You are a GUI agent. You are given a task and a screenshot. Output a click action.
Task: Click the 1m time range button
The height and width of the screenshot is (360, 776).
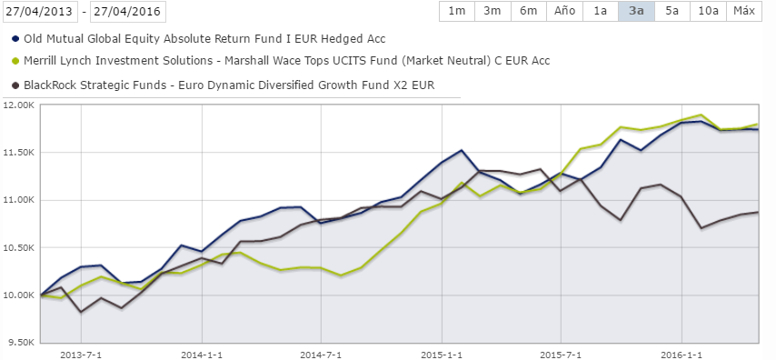tap(456, 11)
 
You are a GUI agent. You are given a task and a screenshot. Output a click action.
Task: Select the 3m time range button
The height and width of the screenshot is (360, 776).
tap(492, 11)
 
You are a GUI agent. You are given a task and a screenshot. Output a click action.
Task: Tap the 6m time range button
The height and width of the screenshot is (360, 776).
tap(527, 11)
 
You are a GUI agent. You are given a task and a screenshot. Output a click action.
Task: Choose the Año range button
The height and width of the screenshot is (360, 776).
tap(564, 11)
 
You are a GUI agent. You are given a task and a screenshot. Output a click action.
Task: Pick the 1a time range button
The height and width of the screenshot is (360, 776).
tap(600, 11)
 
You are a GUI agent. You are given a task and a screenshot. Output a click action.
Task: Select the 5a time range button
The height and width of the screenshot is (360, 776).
tap(671, 11)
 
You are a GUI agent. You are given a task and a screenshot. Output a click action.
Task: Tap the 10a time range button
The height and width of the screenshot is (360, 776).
tap(706, 11)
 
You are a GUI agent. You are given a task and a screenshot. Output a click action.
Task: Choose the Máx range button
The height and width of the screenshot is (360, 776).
tap(743, 11)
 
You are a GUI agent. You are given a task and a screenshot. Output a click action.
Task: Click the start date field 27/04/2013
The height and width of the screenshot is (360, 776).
tap(38, 12)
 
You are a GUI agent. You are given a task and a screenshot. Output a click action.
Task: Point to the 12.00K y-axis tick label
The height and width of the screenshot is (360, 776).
tap(20, 105)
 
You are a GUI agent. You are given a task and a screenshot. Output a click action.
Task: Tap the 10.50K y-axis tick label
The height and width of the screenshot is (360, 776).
tap(20, 248)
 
